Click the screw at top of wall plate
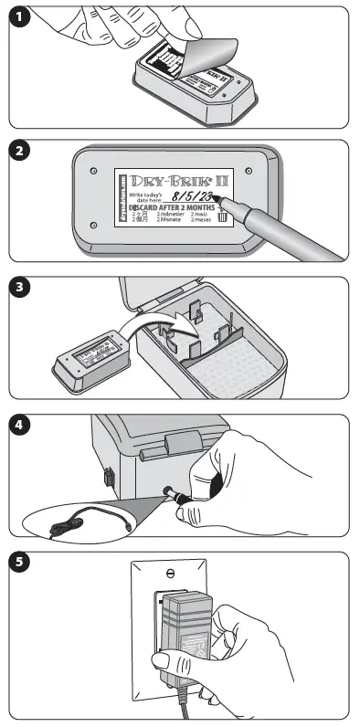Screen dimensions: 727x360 (169, 574)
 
